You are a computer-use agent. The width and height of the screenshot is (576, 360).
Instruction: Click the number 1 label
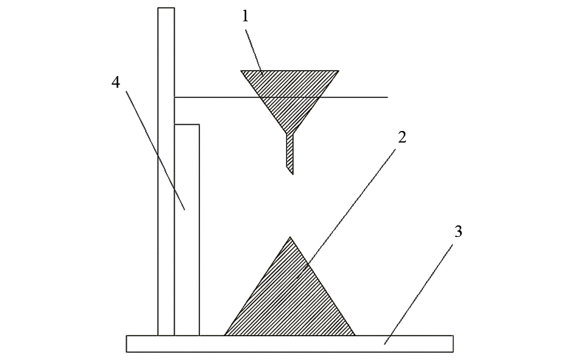246,16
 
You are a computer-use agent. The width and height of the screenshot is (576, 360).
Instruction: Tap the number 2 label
402,137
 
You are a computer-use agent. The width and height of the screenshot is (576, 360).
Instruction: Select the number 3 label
458,231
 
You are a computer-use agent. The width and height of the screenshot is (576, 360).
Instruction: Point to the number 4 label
116,83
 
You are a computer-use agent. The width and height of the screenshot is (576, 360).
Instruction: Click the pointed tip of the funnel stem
293,174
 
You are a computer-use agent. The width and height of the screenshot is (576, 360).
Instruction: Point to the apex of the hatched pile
290,237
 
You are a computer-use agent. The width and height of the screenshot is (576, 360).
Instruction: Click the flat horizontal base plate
290,344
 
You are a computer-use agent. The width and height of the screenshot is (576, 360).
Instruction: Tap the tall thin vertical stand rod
166,171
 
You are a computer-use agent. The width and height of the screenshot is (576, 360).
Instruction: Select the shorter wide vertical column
187,230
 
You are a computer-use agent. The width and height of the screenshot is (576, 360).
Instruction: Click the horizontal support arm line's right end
388,97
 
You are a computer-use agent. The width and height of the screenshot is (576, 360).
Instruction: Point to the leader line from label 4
155,150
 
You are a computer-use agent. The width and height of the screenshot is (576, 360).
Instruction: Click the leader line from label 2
347,213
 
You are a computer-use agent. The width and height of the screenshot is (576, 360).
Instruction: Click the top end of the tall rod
166,8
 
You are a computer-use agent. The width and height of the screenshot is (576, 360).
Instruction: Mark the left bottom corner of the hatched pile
224,336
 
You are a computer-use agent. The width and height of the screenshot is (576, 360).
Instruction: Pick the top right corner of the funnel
339,71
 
